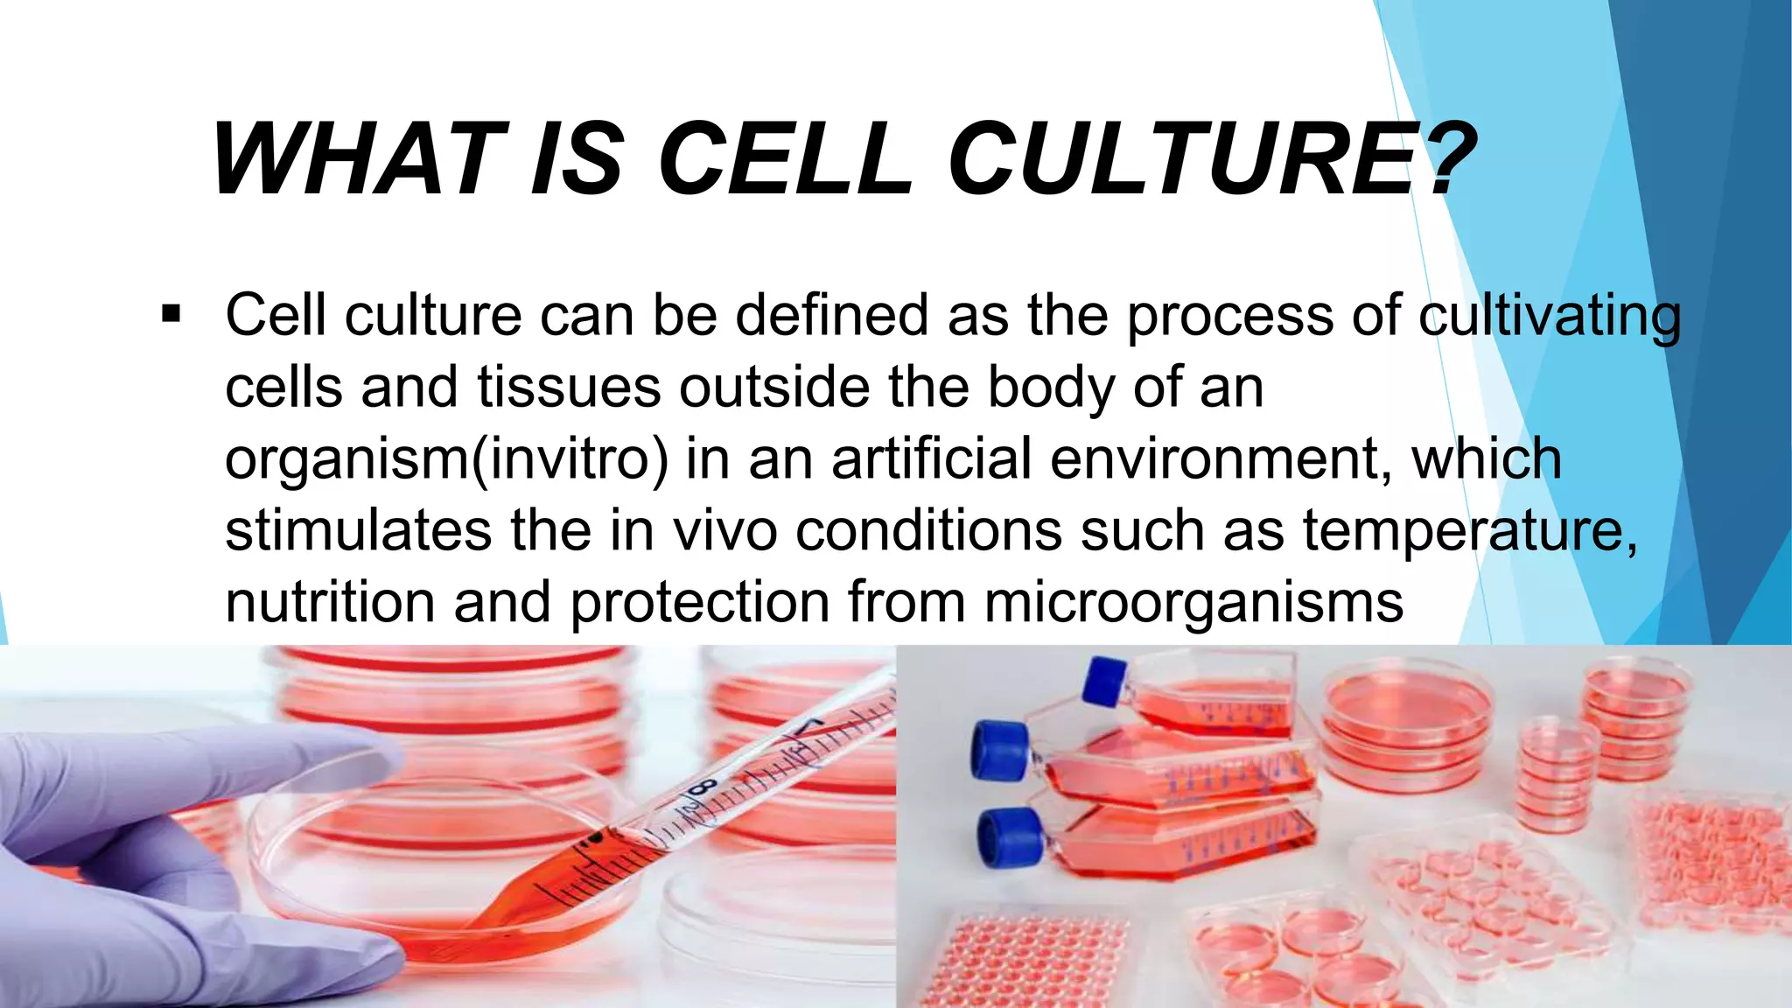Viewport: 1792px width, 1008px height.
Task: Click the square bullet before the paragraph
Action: pyautogui.click(x=171, y=313)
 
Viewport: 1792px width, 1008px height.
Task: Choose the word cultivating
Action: pyautogui.click(x=1550, y=317)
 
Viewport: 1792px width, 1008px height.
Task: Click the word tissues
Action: pyautogui.click(x=570, y=387)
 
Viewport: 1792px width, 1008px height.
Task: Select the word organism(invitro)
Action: pyautogui.click(x=447, y=459)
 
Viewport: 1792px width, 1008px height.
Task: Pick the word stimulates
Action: pyautogui.click(x=359, y=530)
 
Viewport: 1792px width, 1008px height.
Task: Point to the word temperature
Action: pyautogui.click(x=1470, y=532)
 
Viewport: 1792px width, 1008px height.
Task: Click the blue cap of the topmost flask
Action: pyautogui.click(x=1105, y=682)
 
